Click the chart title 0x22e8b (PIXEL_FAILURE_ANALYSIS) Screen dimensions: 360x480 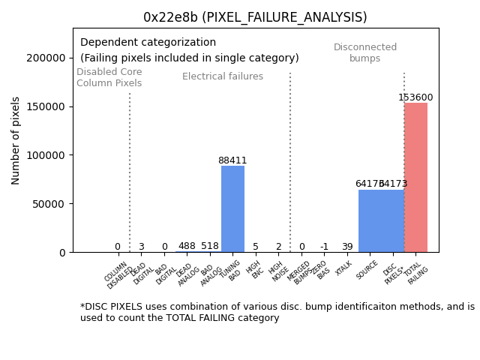click(255, 17)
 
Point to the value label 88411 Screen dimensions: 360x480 click(232, 160)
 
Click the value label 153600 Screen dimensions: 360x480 click(415, 97)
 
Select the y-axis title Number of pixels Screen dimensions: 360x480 click(16, 141)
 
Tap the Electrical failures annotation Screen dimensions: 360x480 click(223, 76)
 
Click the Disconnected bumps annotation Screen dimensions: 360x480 click(365, 53)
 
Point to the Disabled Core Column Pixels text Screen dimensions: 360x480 click(109, 77)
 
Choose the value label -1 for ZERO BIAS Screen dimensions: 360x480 click(324, 247)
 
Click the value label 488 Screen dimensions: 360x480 click(187, 246)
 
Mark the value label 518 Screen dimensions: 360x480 click(210, 246)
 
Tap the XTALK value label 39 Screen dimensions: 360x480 click(347, 247)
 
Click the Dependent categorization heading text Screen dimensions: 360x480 click(148, 43)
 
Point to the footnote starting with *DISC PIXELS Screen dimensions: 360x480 click(277, 312)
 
